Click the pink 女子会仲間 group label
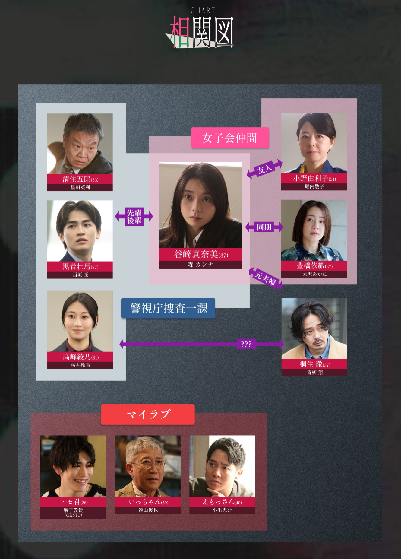coord(230,138)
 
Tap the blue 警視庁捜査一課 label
coord(168,308)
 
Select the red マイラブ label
coord(148,414)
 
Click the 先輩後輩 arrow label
coord(134,217)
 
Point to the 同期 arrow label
coord(264,227)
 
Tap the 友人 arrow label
coord(264,170)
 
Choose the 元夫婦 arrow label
coord(265,278)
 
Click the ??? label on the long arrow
coord(246,344)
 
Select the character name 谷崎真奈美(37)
coord(200,254)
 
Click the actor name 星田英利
coord(80,187)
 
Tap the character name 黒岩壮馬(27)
coord(80,266)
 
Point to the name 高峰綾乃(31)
coord(80,357)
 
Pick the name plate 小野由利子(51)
coord(314,178)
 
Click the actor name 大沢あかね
coord(314,274)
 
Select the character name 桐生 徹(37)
coord(314,364)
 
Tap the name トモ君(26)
coord(73,502)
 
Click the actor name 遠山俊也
coord(148,510)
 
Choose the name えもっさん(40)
coord(222,502)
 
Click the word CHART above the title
coord(203,11)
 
